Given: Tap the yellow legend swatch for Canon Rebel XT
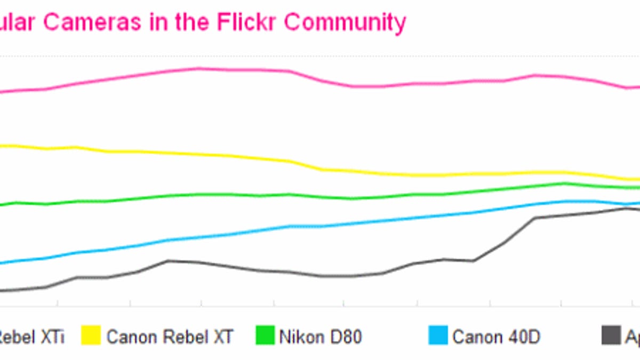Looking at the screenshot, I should point(91,336).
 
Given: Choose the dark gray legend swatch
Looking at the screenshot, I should point(611,336).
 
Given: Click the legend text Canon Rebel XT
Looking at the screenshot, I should point(170,337).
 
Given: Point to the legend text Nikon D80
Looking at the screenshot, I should point(320,337).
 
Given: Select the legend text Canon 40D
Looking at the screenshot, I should point(496,337).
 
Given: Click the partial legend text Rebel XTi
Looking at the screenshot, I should point(32,337).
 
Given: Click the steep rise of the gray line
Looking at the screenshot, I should point(520,230).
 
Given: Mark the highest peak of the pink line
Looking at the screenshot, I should point(198,68).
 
